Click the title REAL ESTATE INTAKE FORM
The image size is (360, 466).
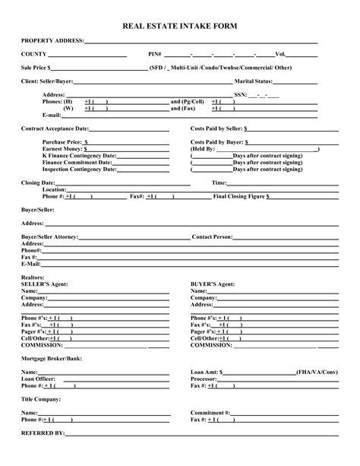click(x=180, y=26)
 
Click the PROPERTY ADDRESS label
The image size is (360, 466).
click(x=52, y=40)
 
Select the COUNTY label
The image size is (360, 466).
click(x=34, y=55)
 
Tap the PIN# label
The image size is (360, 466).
click(x=155, y=55)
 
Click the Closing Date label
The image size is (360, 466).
click(x=38, y=183)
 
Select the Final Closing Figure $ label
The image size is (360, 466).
click(x=242, y=196)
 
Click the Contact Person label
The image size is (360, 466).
click(x=212, y=237)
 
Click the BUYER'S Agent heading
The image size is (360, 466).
click(x=212, y=284)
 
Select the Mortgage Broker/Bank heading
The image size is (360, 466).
click(x=52, y=357)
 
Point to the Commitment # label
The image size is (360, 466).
click(x=210, y=413)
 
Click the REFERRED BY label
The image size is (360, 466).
click(x=44, y=433)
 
